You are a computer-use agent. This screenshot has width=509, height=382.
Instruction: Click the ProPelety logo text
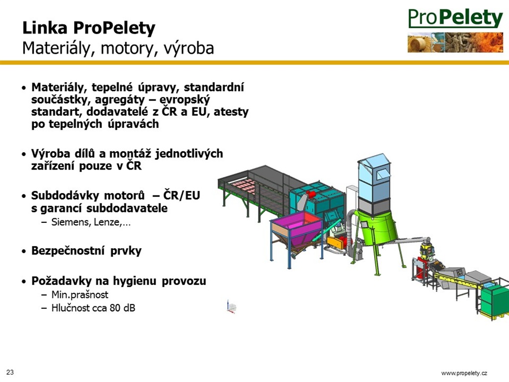point(456,18)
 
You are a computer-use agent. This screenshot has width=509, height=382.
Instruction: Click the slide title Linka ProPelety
point(89,28)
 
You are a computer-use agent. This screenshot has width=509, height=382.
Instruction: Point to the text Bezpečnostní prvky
point(86,251)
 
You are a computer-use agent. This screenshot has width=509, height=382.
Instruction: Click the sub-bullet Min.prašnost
point(80,294)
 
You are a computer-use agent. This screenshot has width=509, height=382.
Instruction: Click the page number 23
point(10,372)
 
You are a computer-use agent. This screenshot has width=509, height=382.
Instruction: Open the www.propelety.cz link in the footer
point(464,373)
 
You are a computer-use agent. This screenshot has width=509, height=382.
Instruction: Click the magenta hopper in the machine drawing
point(296,229)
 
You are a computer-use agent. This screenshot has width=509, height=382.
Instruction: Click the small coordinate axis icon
point(231,307)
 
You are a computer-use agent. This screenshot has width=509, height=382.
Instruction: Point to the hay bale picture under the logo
point(420,43)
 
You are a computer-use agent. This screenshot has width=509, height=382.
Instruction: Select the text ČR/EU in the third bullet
point(181,195)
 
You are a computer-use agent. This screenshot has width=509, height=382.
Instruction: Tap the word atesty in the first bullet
point(231,112)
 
